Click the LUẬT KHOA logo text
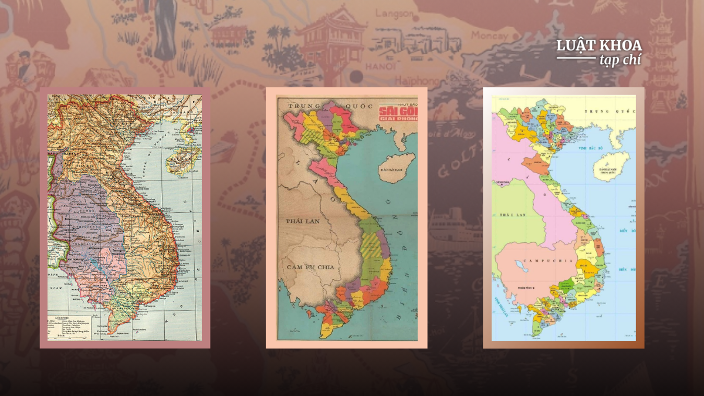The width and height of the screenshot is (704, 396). [x=599, y=46]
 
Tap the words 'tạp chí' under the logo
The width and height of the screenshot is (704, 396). [x=620, y=60]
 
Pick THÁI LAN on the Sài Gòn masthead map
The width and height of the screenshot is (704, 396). [x=301, y=221]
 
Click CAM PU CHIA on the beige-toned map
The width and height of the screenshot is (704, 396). [x=310, y=266]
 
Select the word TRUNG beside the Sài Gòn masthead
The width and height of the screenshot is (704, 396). [x=302, y=107]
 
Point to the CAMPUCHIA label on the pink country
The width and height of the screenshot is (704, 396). [x=530, y=260]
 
